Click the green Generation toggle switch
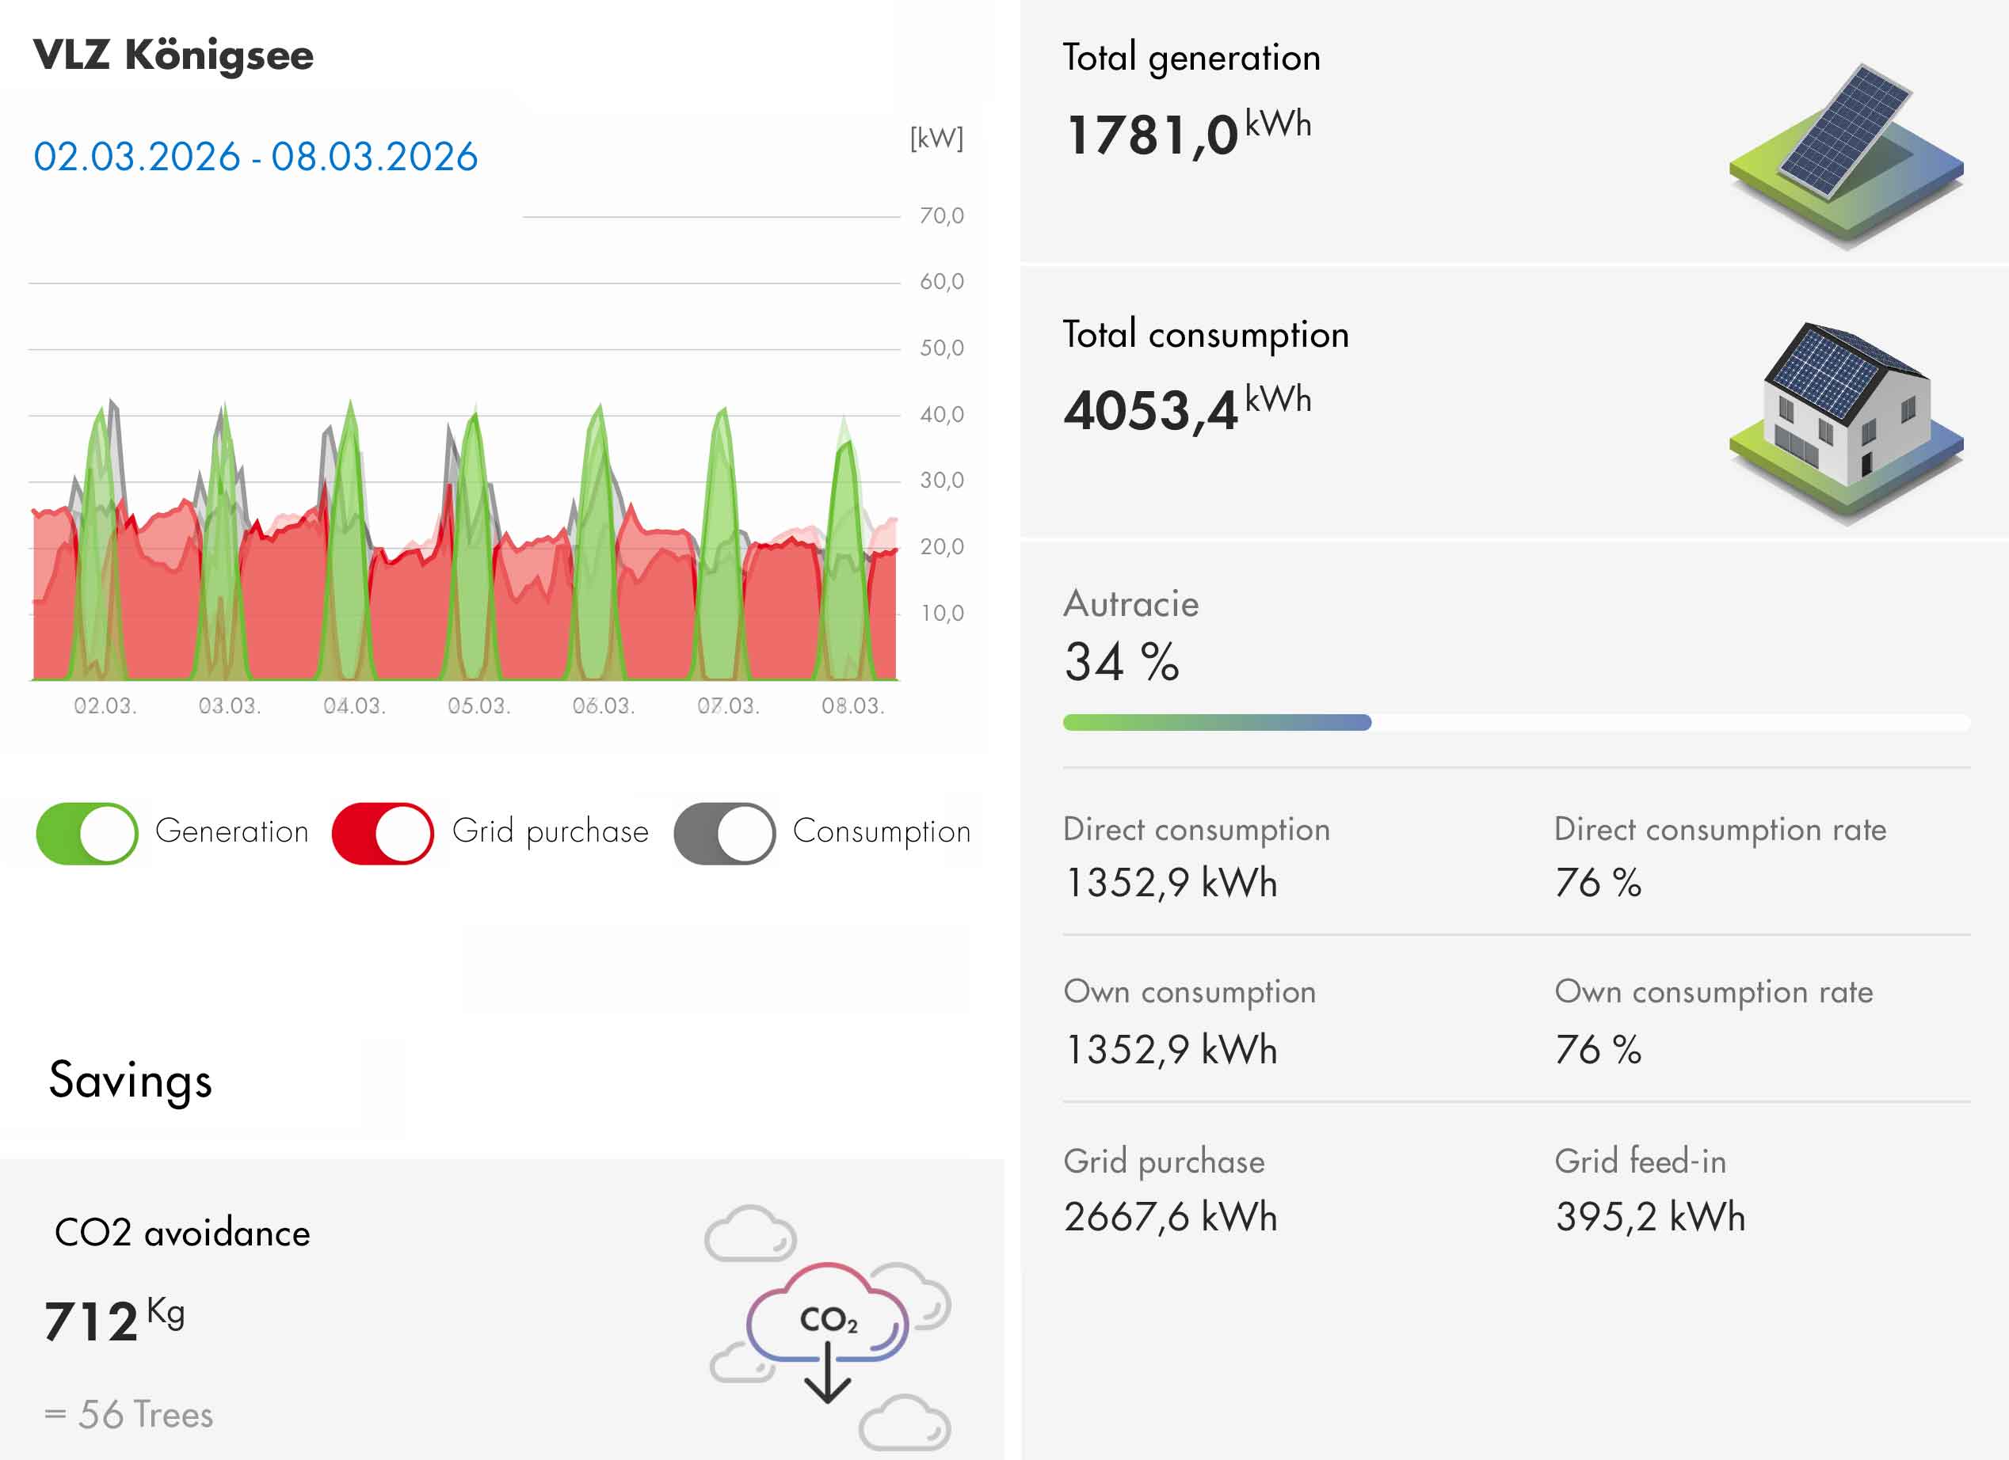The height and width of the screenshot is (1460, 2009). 87,833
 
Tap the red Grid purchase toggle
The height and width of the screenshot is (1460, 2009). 383,833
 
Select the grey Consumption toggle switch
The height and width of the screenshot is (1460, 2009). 725,833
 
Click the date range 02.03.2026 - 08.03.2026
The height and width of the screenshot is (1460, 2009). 255,157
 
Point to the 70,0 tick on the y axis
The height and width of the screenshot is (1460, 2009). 940,216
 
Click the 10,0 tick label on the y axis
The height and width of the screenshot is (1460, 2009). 940,613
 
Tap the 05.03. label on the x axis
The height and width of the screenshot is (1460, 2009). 478,705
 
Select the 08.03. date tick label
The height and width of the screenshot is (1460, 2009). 852,705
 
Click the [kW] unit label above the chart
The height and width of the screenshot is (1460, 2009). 936,138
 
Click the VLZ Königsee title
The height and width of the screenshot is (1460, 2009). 173,55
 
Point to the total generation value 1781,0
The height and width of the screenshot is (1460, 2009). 1152,135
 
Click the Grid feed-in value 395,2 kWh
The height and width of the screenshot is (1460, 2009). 1650,1216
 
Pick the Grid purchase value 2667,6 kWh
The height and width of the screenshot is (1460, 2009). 1170,1216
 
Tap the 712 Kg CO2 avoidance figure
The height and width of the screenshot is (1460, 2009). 113,1319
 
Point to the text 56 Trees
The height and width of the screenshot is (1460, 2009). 145,1415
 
